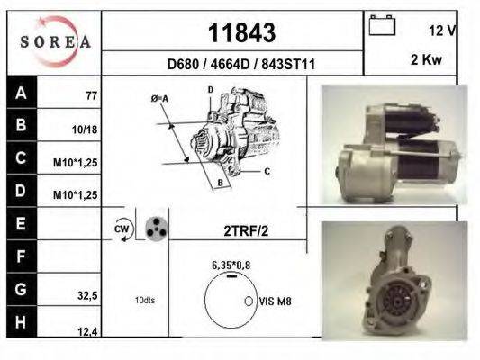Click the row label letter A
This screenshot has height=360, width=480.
click(21, 93)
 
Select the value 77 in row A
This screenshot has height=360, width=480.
click(91, 94)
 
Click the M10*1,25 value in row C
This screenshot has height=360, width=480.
click(76, 163)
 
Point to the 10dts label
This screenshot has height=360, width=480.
click(145, 300)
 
